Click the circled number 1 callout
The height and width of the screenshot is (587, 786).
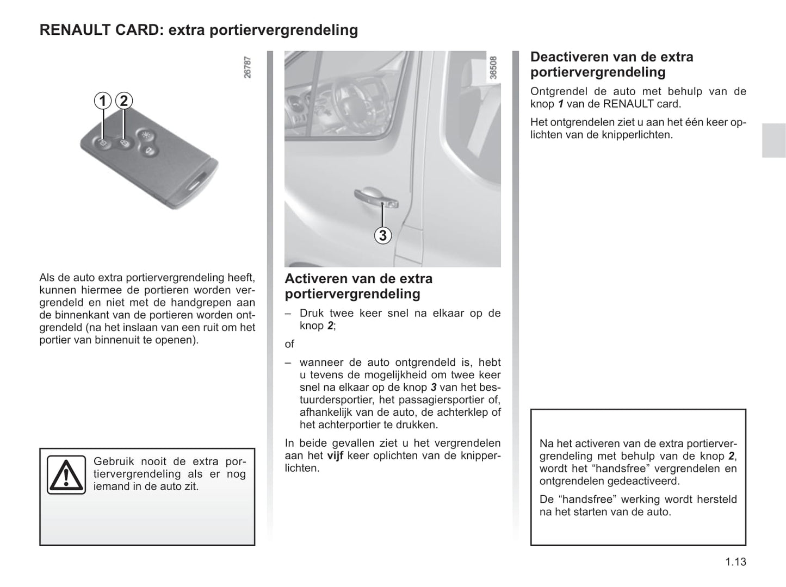(x=102, y=101)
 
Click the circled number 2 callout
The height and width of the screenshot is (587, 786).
(x=124, y=101)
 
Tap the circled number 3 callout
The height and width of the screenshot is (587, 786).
(x=383, y=235)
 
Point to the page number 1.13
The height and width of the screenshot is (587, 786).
(x=735, y=562)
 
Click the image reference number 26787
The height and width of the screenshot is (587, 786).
(x=247, y=67)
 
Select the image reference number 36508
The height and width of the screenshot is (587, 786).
(x=493, y=67)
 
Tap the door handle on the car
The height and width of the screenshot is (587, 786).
(x=376, y=198)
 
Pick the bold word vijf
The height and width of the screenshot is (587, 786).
(x=335, y=455)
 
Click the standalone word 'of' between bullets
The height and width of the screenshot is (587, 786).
(x=289, y=344)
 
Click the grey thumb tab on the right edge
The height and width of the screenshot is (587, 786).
(x=773, y=140)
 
